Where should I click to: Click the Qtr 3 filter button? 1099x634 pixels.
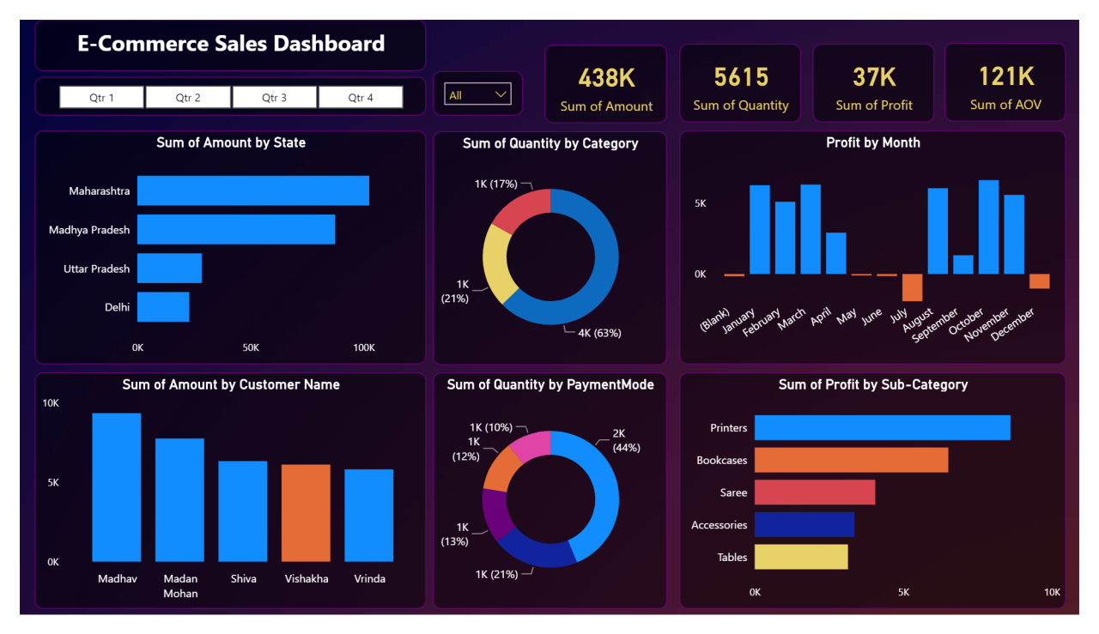274,98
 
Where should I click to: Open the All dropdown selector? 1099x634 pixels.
477,94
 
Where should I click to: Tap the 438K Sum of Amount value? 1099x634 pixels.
606,78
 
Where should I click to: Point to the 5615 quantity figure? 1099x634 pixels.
740,77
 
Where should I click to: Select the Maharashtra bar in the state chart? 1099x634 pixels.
252,190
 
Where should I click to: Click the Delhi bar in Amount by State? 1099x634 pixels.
163,307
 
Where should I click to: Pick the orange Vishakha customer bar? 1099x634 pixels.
306,513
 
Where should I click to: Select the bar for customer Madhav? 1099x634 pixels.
116,487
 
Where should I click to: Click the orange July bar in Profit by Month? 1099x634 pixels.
912,287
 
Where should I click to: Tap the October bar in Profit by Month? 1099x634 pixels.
988,227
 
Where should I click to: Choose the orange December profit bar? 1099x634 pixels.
1039,281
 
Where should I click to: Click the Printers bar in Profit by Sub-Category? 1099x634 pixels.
882,428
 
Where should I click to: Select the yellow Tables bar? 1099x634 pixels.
800,557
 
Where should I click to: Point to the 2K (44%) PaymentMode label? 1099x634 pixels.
626,440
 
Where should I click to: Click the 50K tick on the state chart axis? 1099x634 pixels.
251,347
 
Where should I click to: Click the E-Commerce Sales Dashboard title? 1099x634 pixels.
231,44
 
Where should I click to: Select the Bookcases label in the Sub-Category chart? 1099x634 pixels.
721,461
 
